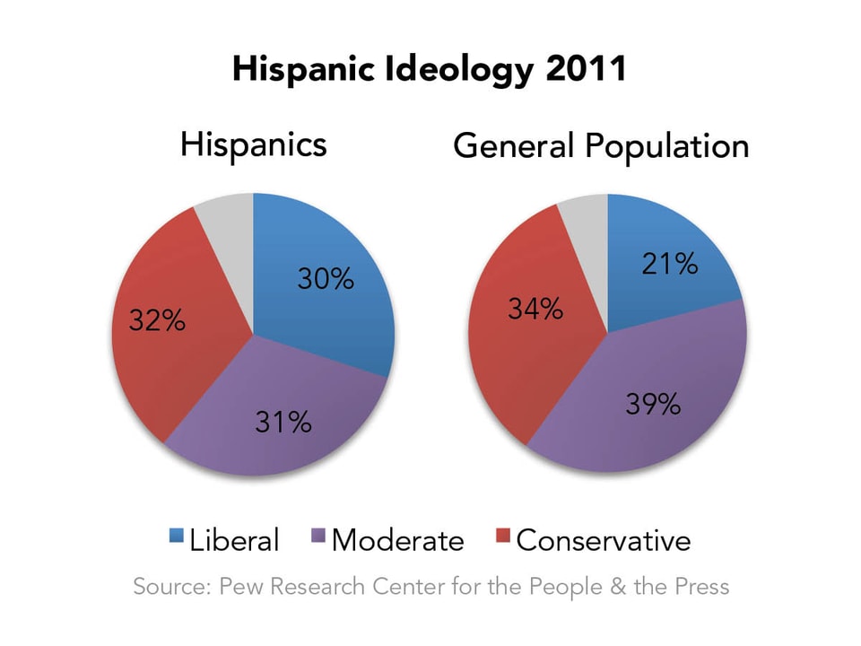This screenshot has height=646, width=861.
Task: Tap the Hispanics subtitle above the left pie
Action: click(253, 144)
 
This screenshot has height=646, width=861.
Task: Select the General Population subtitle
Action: click(601, 145)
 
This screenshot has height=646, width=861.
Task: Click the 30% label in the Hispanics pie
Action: click(326, 280)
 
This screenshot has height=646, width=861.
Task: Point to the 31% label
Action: click(283, 421)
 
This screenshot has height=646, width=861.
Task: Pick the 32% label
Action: click(157, 320)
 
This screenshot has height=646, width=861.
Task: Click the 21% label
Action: click(670, 264)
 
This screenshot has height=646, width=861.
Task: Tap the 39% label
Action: click(653, 405)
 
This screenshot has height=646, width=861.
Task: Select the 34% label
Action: click(535, 310)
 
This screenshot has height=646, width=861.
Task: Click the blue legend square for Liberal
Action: click(176, 538)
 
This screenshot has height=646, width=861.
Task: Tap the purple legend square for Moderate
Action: click(317, 538)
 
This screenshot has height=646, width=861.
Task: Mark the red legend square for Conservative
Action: click(502, 538)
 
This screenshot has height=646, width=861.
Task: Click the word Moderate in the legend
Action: click(397, 540)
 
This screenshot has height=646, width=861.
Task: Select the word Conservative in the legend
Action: click(604, 540)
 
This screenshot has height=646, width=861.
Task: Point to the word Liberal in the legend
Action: click(235, 540)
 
